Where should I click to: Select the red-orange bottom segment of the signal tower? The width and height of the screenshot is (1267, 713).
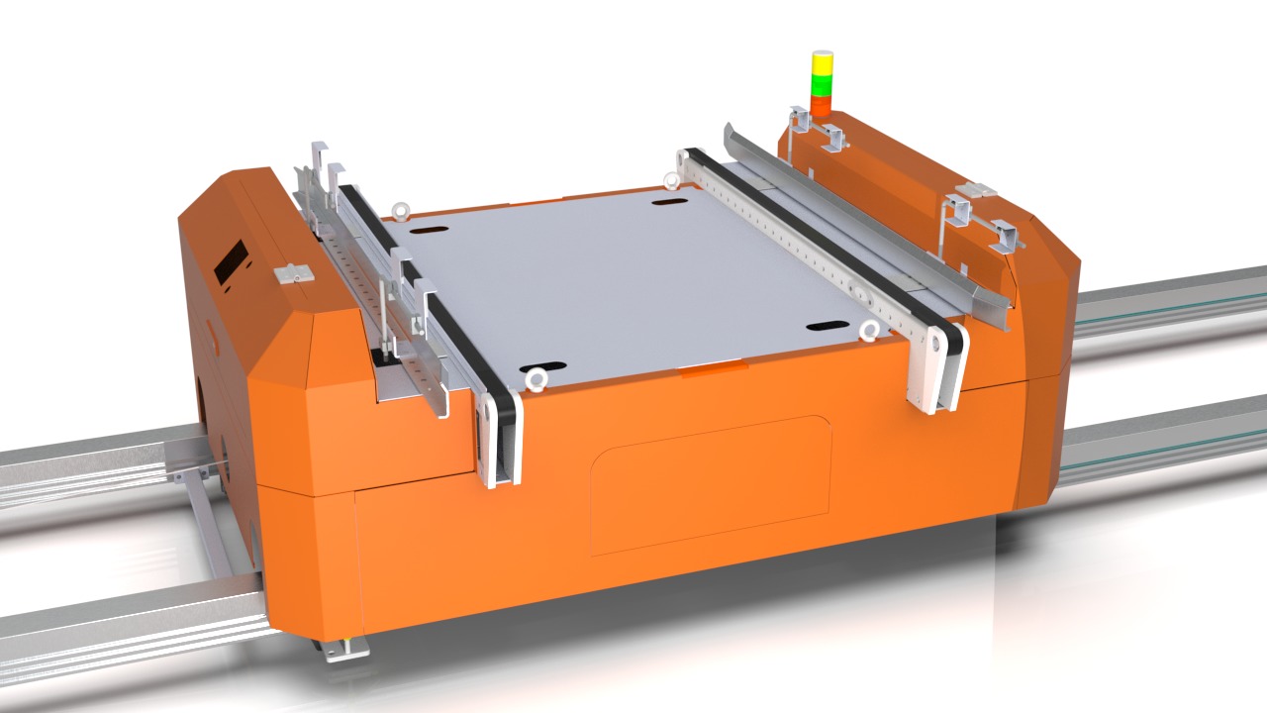tap(821, 104)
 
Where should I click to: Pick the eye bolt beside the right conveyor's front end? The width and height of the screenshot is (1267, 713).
tap(870, 330)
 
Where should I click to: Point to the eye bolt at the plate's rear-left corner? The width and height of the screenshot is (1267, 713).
tap(402, 210)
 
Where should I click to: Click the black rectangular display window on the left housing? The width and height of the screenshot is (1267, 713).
tap(231, 260)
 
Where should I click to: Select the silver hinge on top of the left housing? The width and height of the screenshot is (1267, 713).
tap(294, 273)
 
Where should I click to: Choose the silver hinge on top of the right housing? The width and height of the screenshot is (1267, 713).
tap(977, 189)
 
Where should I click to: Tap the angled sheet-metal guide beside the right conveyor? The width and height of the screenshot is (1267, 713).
tap(871, 222)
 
